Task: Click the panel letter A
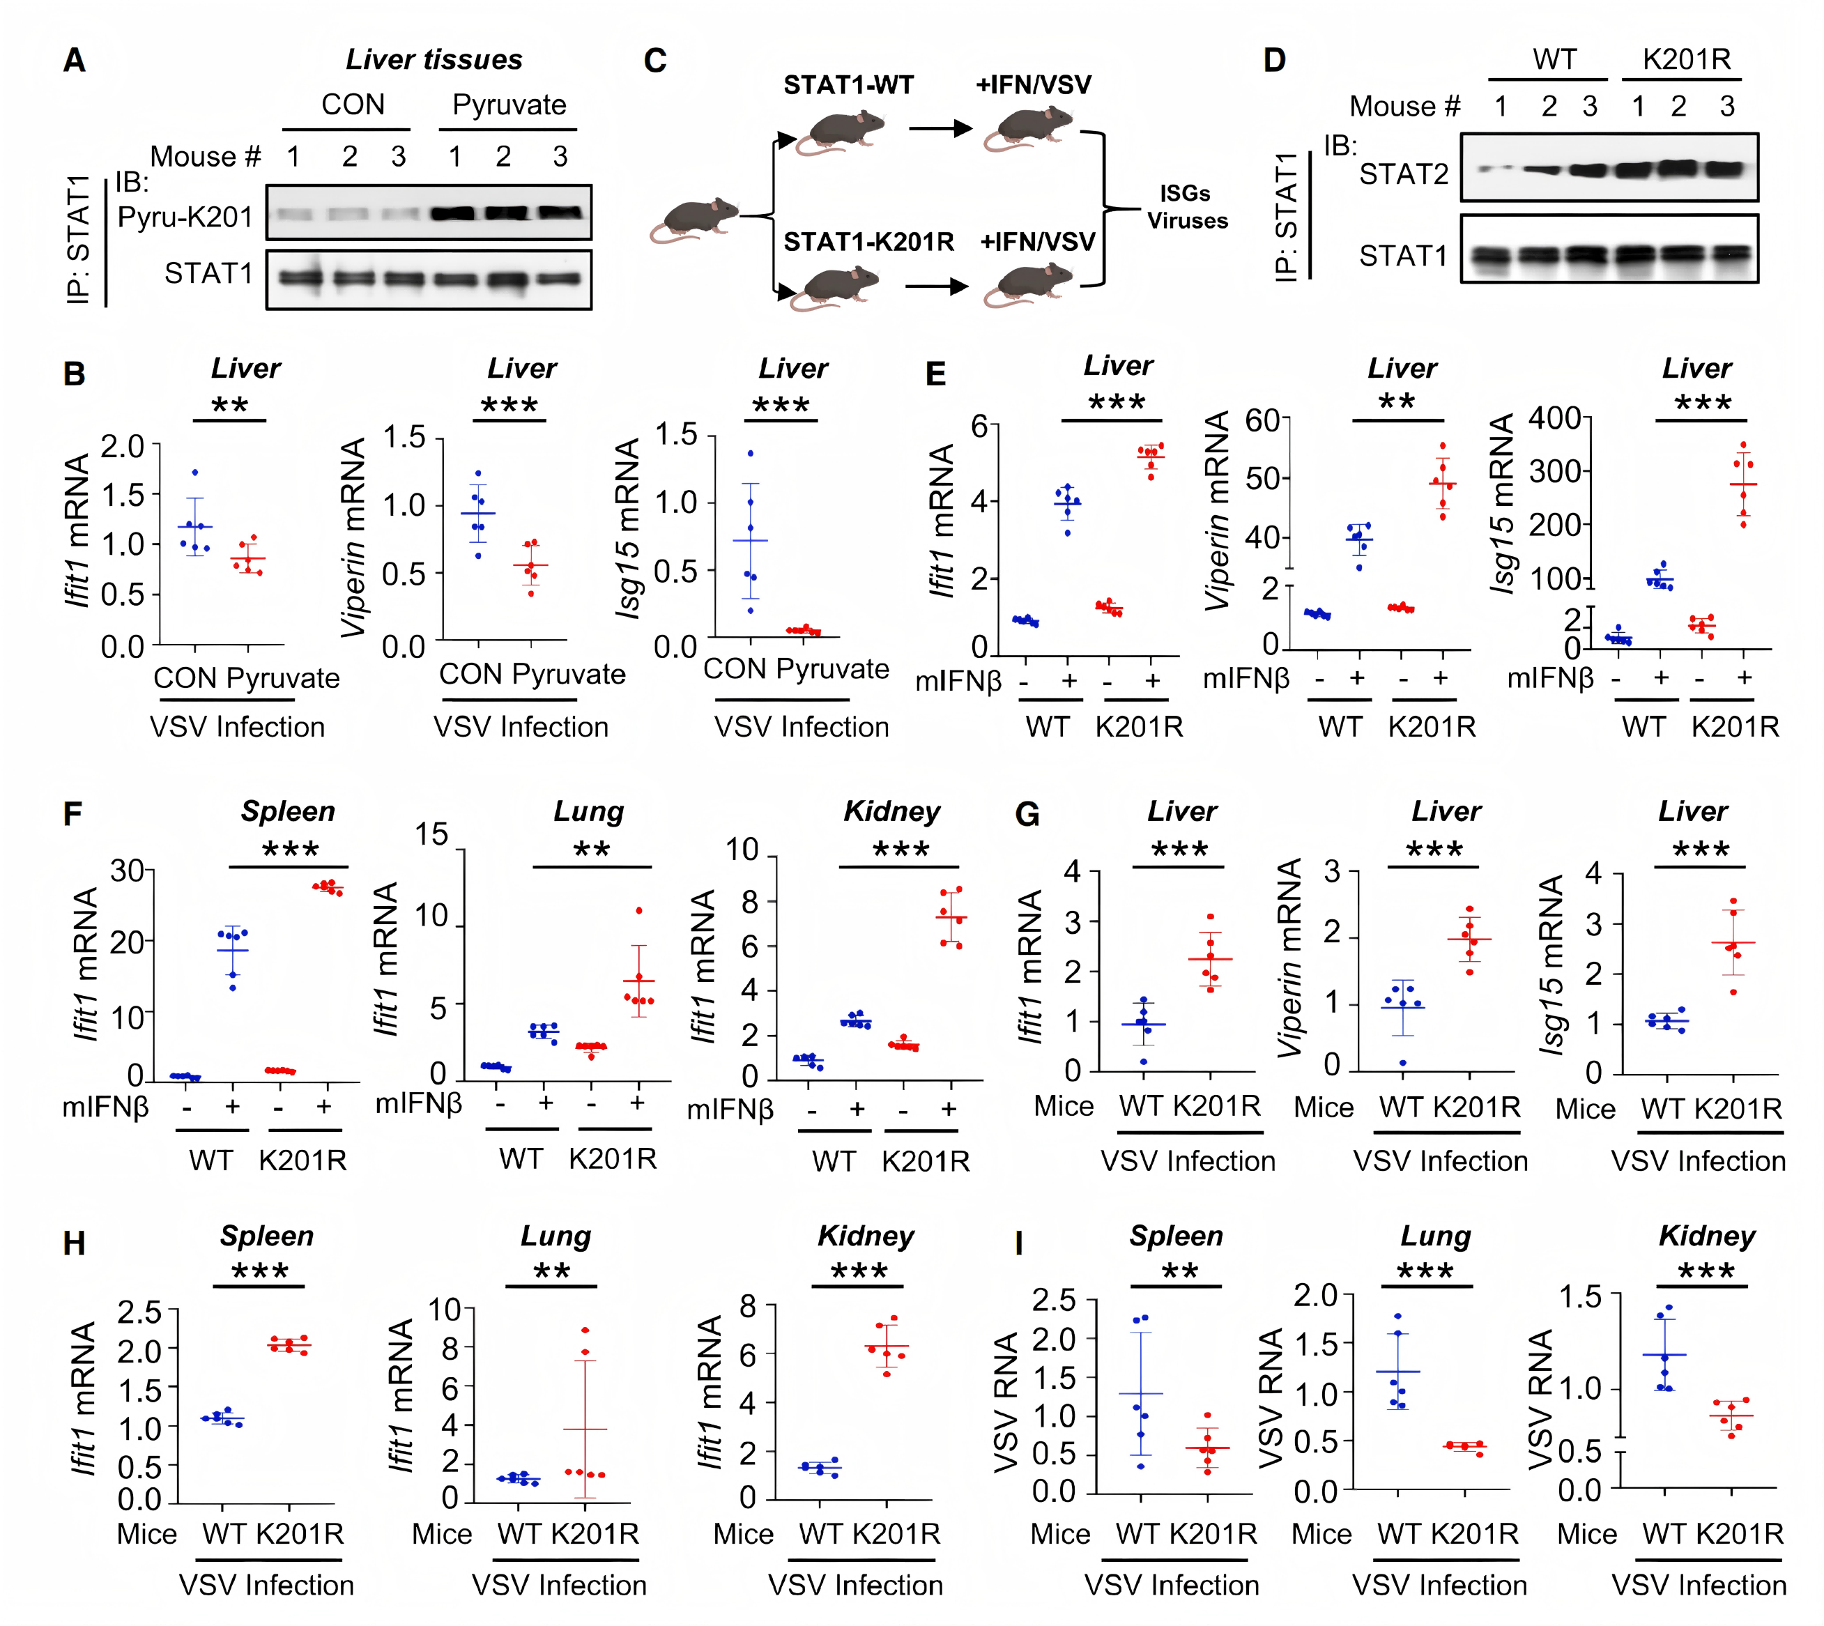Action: tap(75, 61)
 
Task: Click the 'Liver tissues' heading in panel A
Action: tap(434, 60)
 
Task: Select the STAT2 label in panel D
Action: tap(1403, 174)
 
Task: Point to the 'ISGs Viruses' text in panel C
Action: tap(1186, 207)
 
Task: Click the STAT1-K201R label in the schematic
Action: tap(868, 242)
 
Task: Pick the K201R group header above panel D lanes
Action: tap(1687, 60)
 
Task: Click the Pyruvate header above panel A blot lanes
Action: tap(509, 105)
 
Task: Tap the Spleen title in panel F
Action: tap(288, 811)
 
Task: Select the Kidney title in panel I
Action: tap(1706, 1236)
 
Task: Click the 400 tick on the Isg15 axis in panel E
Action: tap(1554, 418)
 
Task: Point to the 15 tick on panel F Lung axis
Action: tap(431, 836)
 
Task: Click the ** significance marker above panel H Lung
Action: tap(551, 1272)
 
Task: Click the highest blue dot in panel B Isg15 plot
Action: tap(751, 454)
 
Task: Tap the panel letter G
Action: tap(1027, 815)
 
